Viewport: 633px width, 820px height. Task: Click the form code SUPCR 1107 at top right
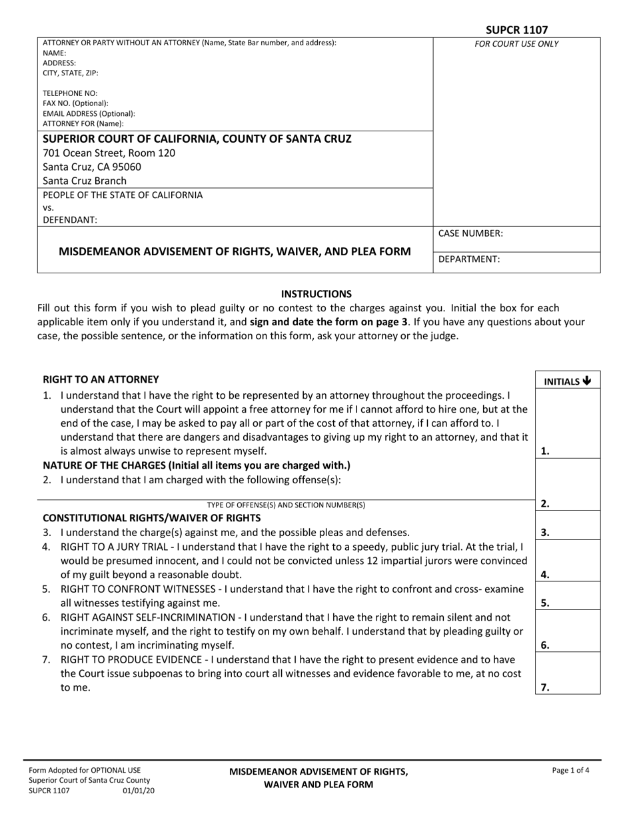(x=516, y=30)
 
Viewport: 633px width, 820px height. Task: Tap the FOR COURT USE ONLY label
(x=516, y=45)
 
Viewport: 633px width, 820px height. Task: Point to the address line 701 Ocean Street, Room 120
(x=109, y=153)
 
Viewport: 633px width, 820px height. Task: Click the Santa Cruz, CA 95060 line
(x=92, y=167)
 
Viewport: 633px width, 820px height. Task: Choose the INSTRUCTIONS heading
(x=316, y=293)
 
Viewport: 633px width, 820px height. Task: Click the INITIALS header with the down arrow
(x=568, y=381)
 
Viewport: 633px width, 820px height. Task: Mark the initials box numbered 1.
(x=568, y=424)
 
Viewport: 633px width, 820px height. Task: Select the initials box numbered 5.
(x=568, y=595)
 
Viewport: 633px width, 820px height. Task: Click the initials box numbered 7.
(x=568, y=674)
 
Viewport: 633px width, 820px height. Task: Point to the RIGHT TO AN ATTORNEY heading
(x=101, y=379)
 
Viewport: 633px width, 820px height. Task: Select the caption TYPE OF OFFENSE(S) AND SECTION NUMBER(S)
(x=286, y=505)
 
